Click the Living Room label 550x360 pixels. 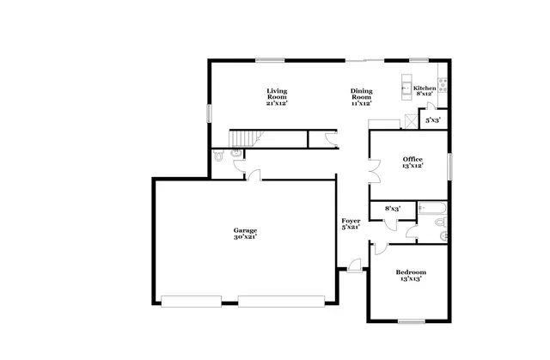tap(276, 96)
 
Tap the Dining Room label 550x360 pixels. tap(361, 96)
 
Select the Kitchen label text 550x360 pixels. tap(425, 88)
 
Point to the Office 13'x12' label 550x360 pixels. tap(412, 162)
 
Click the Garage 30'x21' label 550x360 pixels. tap(245, 233)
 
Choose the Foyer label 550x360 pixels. tap(350, 224)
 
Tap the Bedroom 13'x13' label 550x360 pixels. tap(410, 275)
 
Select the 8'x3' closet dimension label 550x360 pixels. tap(393, 208)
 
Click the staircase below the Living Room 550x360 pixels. tap(245, 138)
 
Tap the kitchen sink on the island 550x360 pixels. tap(407, 87)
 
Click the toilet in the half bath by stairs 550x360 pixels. tap(220, 156)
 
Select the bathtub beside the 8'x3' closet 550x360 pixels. tap(430, 208)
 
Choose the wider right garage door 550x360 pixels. tap(280, 301)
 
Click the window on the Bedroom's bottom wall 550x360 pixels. tap(411, 322)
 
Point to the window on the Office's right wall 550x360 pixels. tap(449, 163)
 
